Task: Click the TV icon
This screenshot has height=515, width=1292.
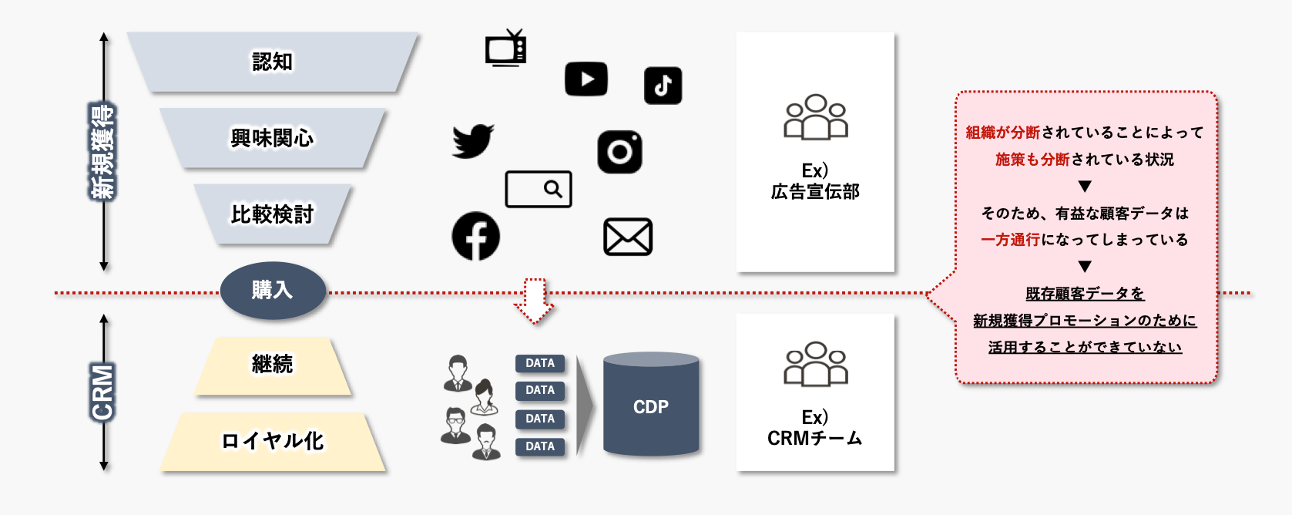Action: pos(506,49)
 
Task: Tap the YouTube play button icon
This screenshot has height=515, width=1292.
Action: pos(586,79)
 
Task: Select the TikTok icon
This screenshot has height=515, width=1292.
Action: pos(663,86)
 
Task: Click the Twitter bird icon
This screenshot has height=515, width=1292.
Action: pos(472,141)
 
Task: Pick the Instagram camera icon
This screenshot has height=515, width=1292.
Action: pos(619,151)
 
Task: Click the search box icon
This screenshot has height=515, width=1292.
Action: pos(539,189)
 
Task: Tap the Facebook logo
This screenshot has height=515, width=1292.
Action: pos(475,236)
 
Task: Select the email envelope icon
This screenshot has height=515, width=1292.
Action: pos(628,237)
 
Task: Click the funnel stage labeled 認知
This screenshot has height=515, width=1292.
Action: pos(273,62)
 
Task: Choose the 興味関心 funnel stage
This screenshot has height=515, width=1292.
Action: pos(273,138)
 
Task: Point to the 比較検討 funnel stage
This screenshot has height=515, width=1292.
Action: pos(273,214)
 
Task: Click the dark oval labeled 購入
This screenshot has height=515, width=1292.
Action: pos(273,291)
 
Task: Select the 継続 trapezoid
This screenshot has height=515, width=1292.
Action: pos(273,365)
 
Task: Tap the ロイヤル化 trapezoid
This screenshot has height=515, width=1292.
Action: pos(273,441)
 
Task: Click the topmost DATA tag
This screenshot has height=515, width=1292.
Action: pos(540,363)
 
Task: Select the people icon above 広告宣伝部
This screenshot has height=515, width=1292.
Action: pos(815,117)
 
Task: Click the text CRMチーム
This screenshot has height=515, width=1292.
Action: pos(815,438)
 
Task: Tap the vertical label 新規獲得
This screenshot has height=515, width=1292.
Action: pos(102,152)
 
